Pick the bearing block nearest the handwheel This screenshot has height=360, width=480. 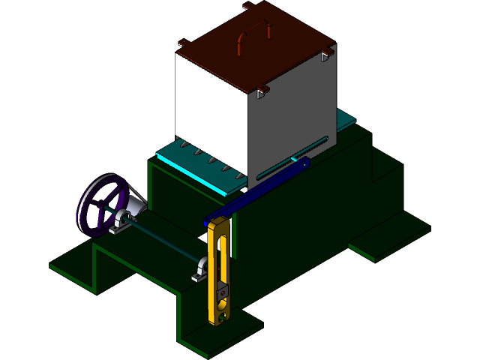[122, 221]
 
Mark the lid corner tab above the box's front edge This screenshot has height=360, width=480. [262, 92]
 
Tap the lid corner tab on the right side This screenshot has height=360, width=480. [325, 54]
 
